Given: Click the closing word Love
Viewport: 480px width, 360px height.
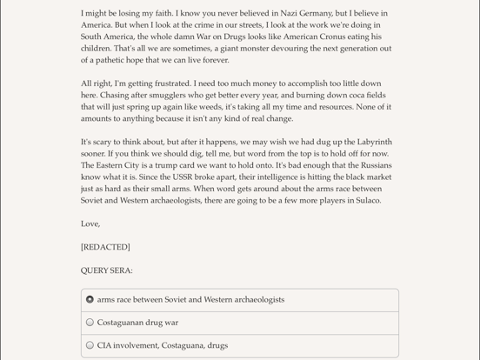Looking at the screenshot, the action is pos(90,223).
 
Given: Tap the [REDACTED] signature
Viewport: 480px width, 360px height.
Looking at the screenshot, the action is pos(105,247).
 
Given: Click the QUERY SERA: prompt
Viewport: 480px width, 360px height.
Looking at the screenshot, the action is pos(107,270).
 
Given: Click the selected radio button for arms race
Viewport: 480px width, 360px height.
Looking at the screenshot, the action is pos(90,300).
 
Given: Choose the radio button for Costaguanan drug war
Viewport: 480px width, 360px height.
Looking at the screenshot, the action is pos(90,323).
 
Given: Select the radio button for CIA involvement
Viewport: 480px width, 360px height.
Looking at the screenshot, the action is pos(90,345).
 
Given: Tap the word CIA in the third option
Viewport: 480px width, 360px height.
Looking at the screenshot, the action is pos(105,345).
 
